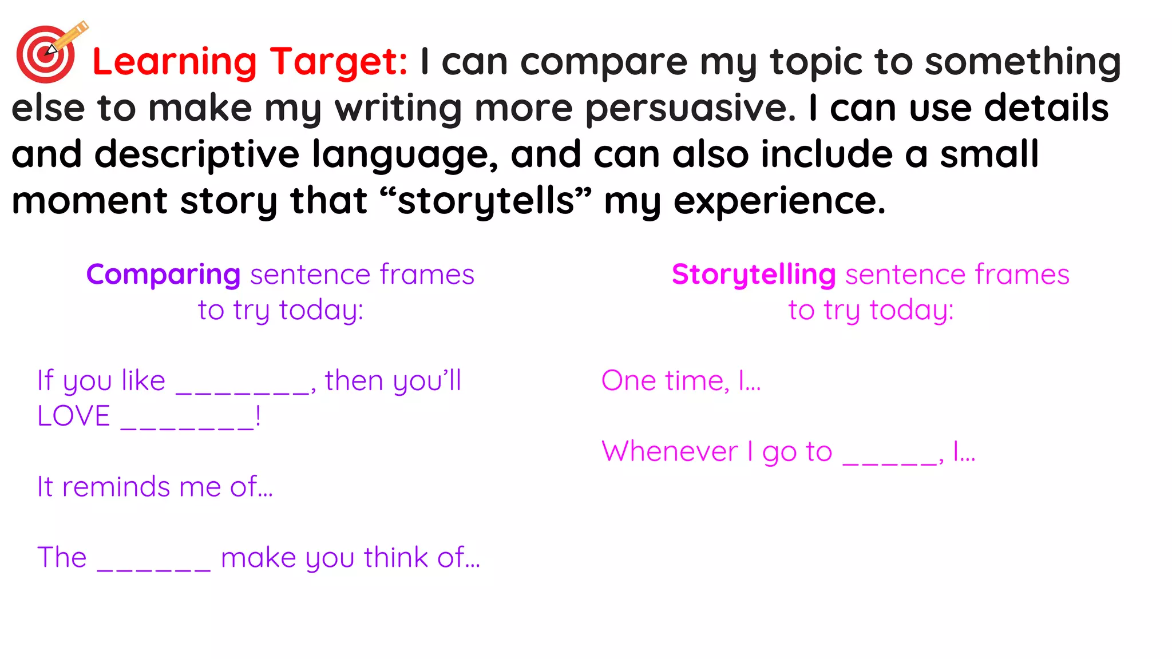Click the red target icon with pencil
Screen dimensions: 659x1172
click(48, 53)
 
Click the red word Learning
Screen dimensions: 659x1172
click(175, 62)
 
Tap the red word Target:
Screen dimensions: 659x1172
click(339, 62)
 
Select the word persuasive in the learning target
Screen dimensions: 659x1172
click(690, 109)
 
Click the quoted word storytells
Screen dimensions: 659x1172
click(486, 201)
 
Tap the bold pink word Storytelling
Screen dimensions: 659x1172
click(754, 275)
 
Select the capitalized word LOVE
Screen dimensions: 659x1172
click(74, 416)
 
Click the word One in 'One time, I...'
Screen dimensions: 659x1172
click(628, 381)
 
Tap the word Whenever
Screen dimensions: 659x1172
click(670, 452)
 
